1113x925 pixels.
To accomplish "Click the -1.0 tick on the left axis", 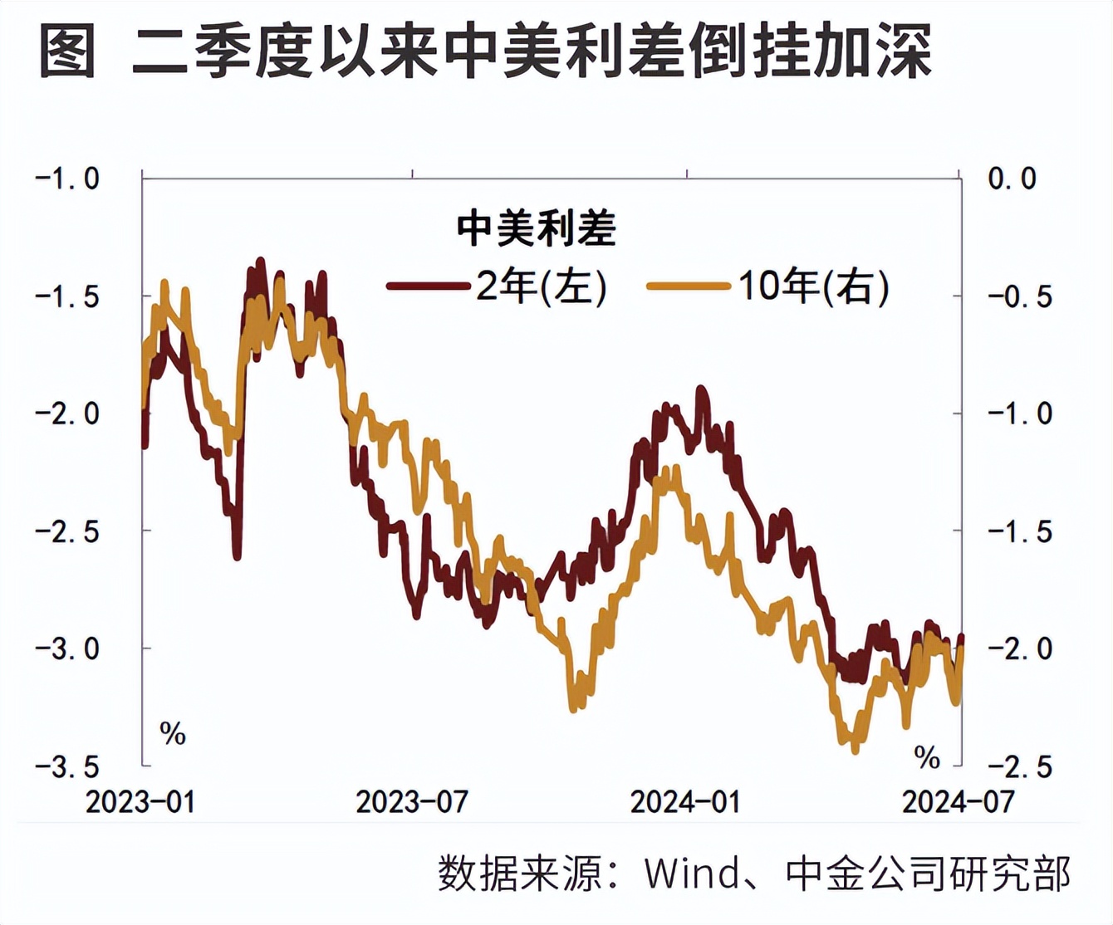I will tap(67, 179).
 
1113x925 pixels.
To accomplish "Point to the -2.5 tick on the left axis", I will tap(67, 531).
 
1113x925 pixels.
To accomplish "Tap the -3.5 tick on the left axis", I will tap(67, 766).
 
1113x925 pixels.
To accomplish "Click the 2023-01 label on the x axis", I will tap(140, 802).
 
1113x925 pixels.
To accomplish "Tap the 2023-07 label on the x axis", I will tap(412, 802).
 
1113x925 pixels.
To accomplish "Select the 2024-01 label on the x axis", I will tap(685, 802).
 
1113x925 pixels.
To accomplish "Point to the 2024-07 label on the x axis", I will tap(959, 802).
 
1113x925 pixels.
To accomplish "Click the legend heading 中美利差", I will tap(537, 228).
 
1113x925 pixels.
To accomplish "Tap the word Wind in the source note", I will tap(691, 874).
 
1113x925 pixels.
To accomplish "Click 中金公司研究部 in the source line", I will tap(928, 874).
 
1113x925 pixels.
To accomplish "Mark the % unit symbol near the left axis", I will tap(172, 734).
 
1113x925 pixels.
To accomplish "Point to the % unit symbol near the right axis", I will tap(927, 757).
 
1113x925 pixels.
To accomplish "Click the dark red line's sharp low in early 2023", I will tap(238, 556).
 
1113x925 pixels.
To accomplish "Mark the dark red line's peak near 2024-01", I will tap(701, 389).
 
